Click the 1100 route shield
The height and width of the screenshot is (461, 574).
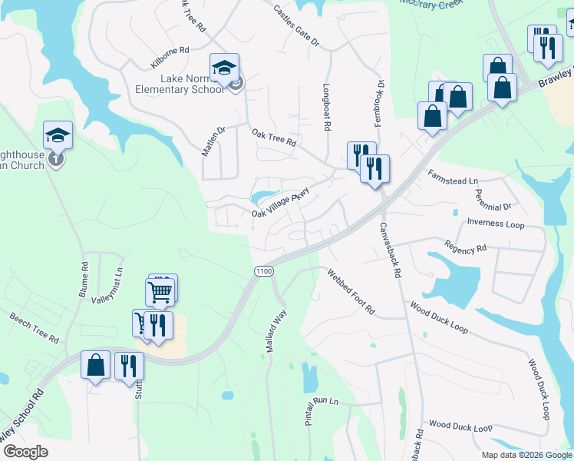[x=263, y=271]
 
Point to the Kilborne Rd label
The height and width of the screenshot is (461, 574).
[x=170, y=51]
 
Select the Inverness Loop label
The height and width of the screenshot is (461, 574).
[x=496, y=224]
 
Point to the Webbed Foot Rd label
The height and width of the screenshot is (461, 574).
[x=351, y=291]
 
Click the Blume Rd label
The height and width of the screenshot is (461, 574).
[x=84, y=277]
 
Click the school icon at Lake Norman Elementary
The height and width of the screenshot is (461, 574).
[x=224, y=68]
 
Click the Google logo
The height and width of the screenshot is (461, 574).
[x=25, y=452]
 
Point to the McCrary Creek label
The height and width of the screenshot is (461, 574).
[x=431, y=4]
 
